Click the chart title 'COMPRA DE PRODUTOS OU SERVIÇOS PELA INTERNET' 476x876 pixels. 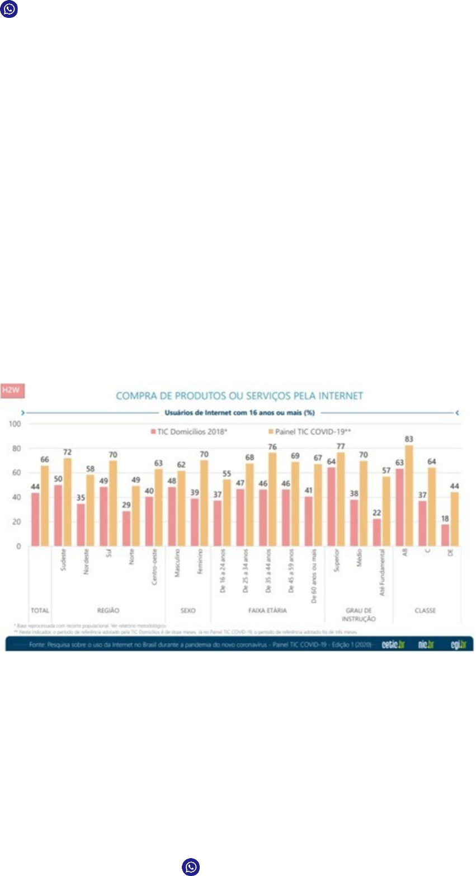(x=239, y=396)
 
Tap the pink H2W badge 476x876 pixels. (x=12, y=390)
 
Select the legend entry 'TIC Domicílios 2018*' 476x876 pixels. (x=188, y=432)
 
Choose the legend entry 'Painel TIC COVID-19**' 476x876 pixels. (x=309, y=432)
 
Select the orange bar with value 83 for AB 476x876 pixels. (x=409, y=495)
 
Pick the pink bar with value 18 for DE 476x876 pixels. (x=445, y=535)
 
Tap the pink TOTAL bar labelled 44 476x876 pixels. (x=35, y=519)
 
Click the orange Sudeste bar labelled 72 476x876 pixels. (x=67, y=502)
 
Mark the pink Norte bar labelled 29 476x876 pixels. (x=126, y=528)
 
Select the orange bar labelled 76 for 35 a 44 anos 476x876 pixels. (x=272, y=499)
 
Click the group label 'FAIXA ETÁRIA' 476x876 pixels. (x=267, y=610)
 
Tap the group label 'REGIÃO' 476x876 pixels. (x=108, y=610)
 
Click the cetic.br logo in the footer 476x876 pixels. (x=393, y=644)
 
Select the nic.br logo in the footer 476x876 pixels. (x=426, y=644)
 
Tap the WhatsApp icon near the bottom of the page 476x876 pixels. (x=191, y=866)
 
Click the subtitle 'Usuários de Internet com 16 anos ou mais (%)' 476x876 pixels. (x=239, y=413)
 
